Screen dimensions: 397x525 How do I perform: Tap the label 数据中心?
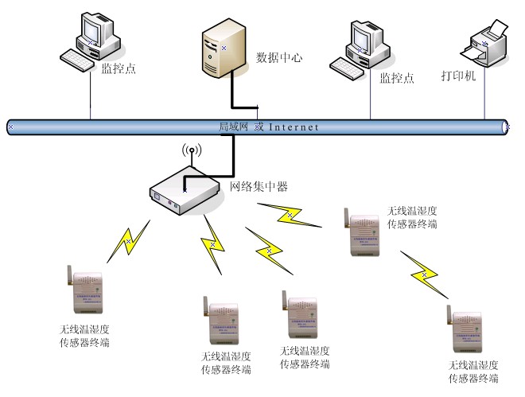click(x=279, y=58)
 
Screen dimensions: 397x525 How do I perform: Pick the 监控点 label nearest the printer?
click(x=397, y=78)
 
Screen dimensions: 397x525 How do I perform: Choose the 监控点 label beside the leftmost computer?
click(x=119, y=68)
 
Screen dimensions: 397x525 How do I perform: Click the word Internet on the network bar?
click(x=294, y=126)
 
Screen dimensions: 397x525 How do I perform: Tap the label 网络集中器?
click(x=259, y=187)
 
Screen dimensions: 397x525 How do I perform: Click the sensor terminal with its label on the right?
click(x=362, y=233)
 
